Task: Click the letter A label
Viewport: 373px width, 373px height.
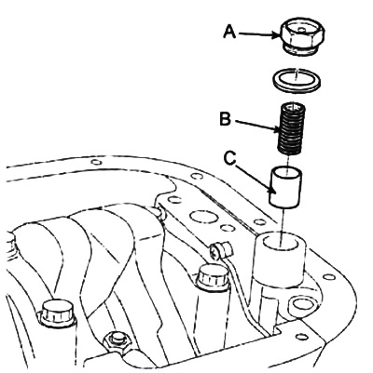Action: coord(229,33)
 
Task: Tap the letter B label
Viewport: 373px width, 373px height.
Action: coord(225,119)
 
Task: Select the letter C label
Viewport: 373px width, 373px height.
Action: coord(230,158)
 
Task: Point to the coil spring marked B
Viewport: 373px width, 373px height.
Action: coord(290,129)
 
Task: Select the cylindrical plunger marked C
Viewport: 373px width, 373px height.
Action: coord(286,187)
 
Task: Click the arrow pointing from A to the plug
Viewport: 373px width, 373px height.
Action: coord(259,34)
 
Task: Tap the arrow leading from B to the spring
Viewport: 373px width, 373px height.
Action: coord(257,127)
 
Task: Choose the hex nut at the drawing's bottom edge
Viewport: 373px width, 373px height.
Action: coord(117,341)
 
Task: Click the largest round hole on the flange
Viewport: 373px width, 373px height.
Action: coord(202,217)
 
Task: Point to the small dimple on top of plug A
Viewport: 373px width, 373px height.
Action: coord(299,30)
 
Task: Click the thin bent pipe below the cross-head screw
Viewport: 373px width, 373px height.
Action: coord(245,295)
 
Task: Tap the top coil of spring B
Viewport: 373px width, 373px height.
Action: coord(290,107)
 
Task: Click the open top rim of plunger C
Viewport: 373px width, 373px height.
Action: coord(286,172)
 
